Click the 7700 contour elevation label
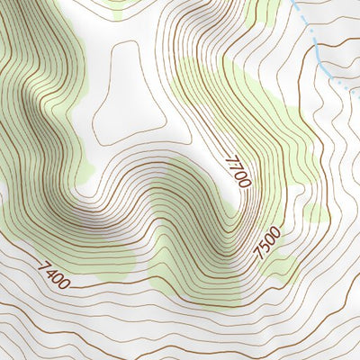pyautogui.click(x=238, y=171)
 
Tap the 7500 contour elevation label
pyautogui.click(x=267, y=243)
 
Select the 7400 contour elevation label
pyautogui.click(x=54, y=274)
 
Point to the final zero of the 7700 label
pyautogui.click(x=244, y=182)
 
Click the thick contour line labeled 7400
pyautogui.click(x=108, y=290)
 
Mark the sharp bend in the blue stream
pyautogui.click(x=322, y=65)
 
